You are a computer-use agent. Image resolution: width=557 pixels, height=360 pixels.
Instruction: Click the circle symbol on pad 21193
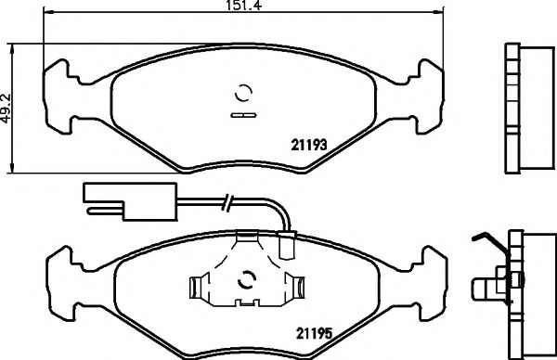point(243,94)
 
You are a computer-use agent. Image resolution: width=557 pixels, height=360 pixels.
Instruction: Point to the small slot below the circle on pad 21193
point(243,115)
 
